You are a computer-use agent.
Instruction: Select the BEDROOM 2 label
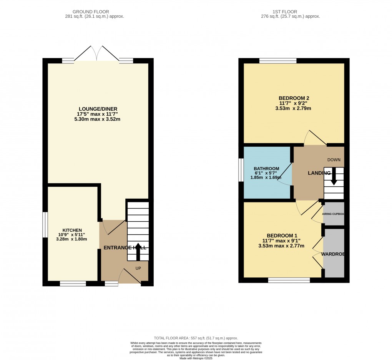pos(294,98)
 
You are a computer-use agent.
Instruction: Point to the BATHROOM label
pos(266,169)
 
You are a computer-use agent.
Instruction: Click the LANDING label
pos(319,173)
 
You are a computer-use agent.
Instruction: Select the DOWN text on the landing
pos(334,160)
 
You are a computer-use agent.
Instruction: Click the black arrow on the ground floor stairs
pos(138,251)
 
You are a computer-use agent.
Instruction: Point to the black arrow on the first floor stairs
pos(334,177)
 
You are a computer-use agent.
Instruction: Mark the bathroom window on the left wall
pos(241,169)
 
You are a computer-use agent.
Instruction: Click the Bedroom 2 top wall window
pos(278,61)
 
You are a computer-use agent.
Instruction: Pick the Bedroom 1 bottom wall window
pos(289,280)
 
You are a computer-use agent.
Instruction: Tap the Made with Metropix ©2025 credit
pos(196,358)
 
